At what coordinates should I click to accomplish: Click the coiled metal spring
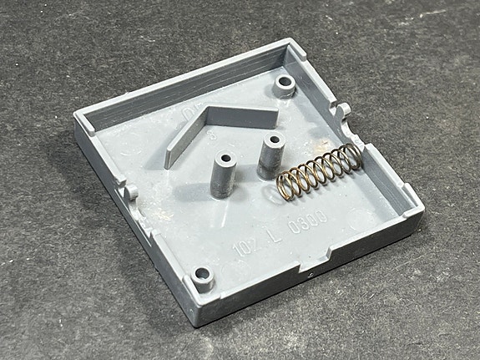[x=317, y=168]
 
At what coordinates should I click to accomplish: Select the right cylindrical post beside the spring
[x=270, y=153]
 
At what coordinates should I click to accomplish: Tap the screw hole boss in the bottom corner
[x=200, y=274]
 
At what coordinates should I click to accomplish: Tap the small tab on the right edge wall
[x=343, y=111]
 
